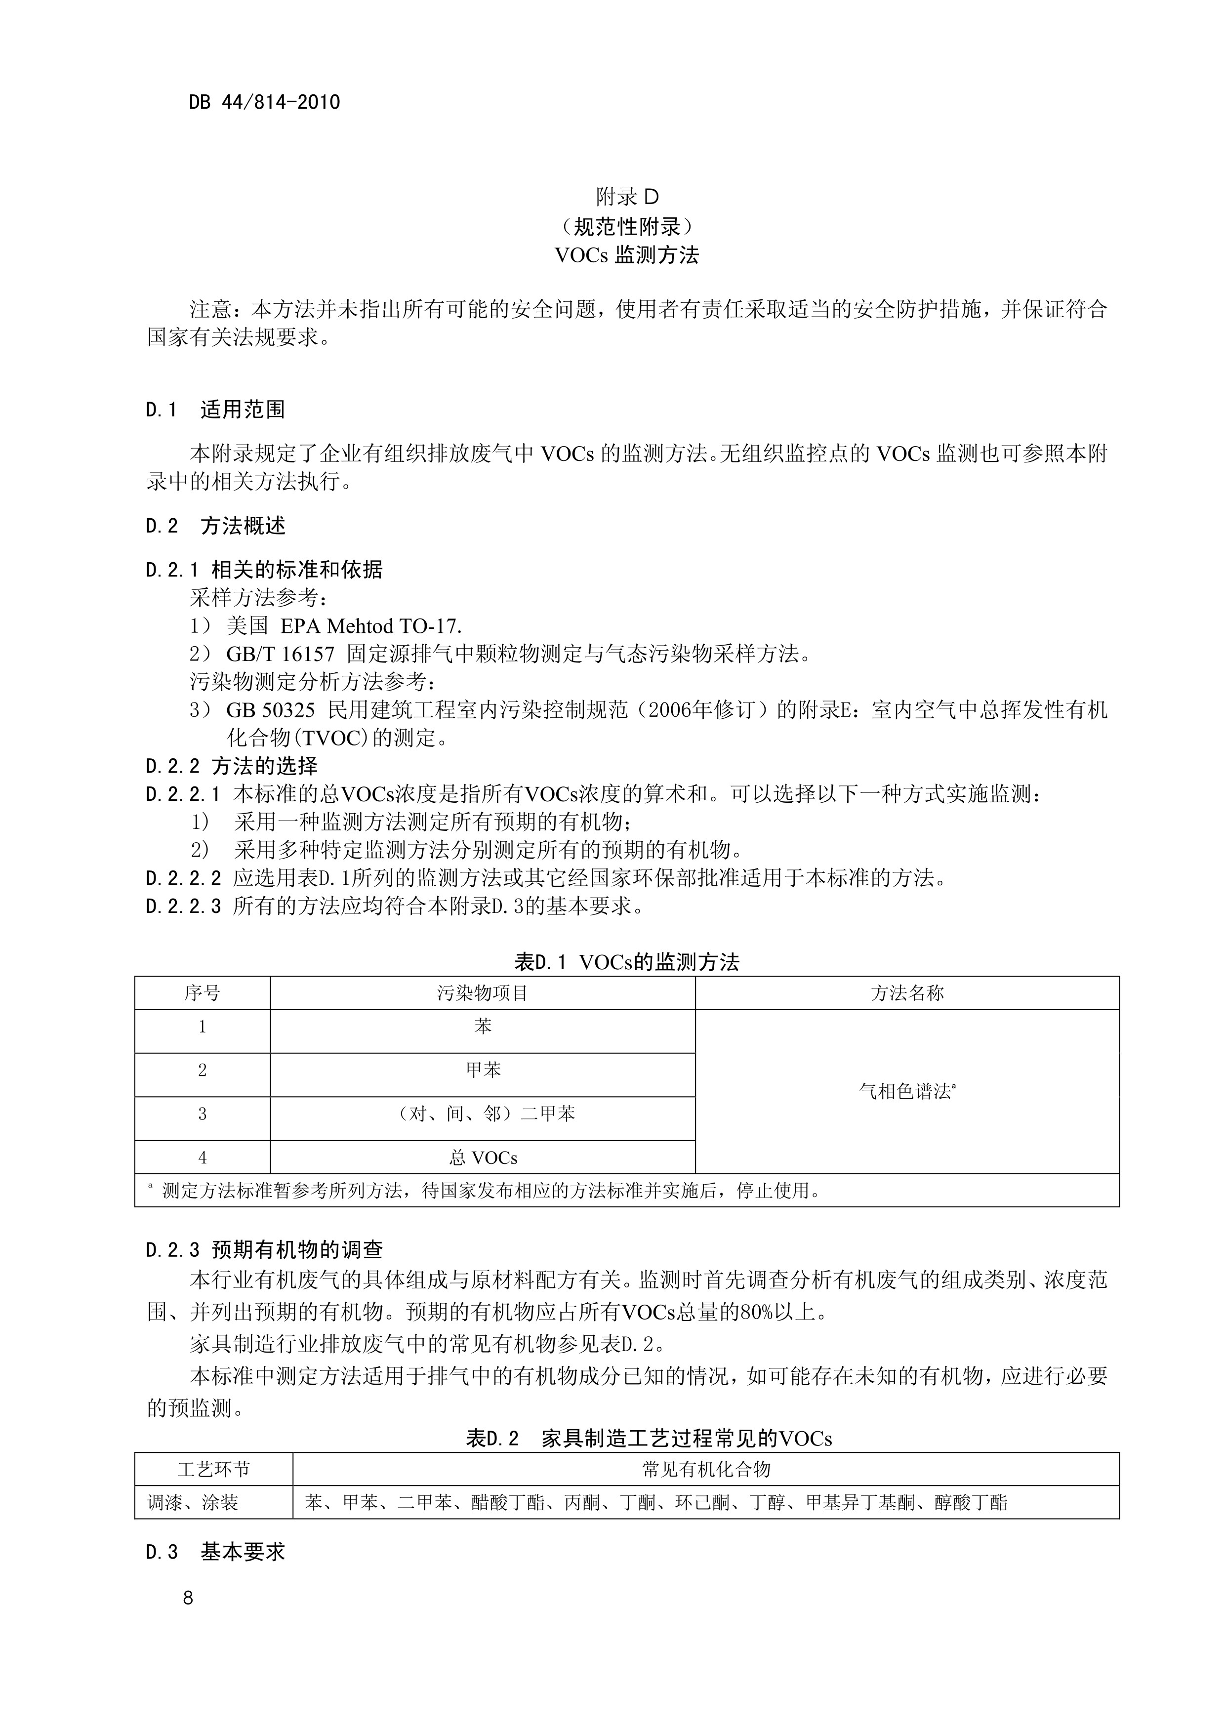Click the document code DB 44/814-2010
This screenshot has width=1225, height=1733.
(x=264, y=103)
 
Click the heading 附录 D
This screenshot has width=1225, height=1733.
(x=626, y=198)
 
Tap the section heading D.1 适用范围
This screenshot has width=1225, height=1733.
(x=215, y=410)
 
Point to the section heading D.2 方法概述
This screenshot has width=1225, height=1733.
(x=215, y=526)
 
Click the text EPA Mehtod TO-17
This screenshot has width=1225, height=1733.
(x=370, y=626)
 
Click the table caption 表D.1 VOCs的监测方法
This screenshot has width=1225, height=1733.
(x=626, y=962)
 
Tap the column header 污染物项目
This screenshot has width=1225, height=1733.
(x=482, y=993)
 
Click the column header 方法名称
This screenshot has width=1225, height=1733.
(x=907, y=993)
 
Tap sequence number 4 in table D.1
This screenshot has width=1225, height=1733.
(x=203, y=1157)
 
